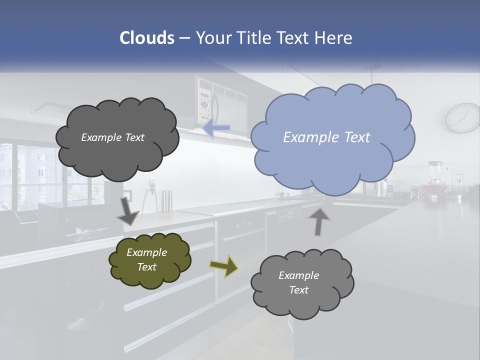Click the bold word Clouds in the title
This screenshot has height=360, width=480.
pos(146,37)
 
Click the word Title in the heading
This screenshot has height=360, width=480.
pos(255,37)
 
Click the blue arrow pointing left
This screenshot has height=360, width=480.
pos(216,128)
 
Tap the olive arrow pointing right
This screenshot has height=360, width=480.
pos(223,266)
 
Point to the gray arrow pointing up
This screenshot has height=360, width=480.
pos(319,221)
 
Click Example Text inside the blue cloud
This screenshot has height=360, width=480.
pos(326,137)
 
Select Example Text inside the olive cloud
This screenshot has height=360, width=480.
pos(146,259)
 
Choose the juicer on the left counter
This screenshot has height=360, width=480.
pos(149,198)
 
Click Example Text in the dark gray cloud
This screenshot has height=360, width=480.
pos(112,137)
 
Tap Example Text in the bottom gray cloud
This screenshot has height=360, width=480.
pos(298,282)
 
